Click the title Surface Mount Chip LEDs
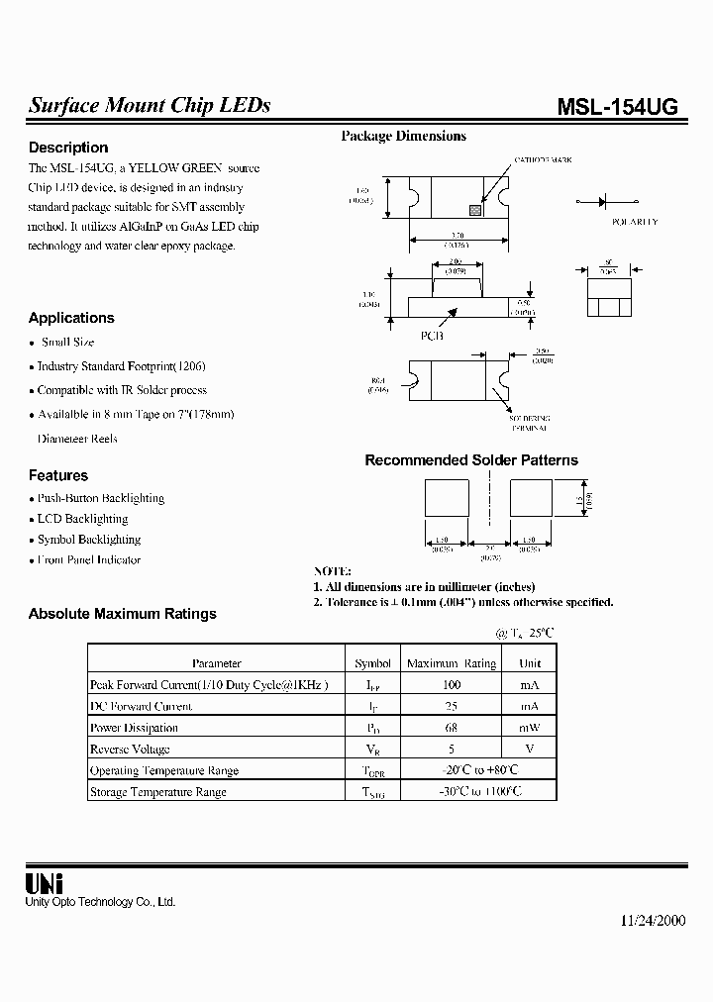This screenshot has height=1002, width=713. (150, 106)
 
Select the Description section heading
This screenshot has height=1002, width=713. (68, 148)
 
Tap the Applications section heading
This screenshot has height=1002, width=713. (71, 318)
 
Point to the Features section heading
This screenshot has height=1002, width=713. (58, 475)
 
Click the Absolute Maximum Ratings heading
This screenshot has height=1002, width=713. (122, 614)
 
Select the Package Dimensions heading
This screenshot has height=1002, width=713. (403, 137)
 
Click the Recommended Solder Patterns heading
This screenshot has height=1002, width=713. (471, 460)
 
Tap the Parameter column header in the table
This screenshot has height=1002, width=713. (216, 663)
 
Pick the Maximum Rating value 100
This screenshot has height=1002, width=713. (452, 685)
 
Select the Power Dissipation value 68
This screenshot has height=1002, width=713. (452, 728)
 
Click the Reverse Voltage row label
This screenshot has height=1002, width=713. (130, 750)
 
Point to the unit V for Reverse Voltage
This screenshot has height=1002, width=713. (530, 750)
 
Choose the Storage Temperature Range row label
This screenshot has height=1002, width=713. (158, 792)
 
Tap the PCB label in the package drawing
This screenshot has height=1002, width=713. (433, 336)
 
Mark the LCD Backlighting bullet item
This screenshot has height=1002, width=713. (82, 519)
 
